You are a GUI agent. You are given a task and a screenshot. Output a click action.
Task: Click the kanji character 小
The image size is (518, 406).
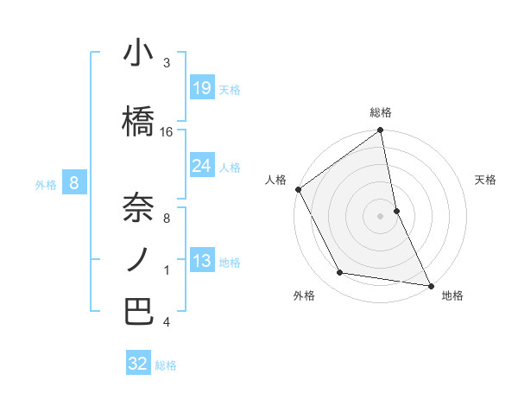pos(138,54)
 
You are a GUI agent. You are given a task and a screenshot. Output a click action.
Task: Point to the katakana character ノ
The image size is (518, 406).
pos(138,260)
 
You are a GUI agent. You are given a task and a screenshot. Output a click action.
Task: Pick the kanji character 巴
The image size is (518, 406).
pos(138,312)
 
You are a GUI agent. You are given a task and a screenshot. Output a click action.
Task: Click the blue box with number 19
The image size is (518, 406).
pos(201,88)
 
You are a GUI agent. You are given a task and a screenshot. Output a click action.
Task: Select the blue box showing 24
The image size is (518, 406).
pos(201,166)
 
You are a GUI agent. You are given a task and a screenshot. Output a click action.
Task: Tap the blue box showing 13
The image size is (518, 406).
pos(201,261)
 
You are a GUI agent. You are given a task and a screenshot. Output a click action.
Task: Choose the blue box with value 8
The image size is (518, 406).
pos(75,183)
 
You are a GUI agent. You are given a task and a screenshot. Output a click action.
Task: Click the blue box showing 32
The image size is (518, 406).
pos(138,364)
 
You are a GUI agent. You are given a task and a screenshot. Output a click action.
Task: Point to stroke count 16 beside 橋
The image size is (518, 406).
pos(167,132)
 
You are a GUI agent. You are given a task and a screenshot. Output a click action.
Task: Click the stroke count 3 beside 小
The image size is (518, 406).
pos(167,63)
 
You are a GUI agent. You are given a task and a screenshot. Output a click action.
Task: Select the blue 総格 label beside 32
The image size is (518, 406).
pos(166,365)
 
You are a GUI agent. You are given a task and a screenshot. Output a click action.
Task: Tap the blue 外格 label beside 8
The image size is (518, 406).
pos(46,184)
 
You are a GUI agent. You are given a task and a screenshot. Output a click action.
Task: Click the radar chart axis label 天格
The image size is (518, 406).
pos(486,180)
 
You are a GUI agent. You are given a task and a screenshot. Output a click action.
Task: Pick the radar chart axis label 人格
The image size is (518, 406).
pos(275,180)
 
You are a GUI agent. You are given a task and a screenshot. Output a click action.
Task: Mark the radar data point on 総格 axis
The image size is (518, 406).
pos(381,130)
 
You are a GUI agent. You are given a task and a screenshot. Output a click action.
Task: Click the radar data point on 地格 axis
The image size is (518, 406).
pos(431,284)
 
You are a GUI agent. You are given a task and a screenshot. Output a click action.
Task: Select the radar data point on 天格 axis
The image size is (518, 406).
pos(396,210)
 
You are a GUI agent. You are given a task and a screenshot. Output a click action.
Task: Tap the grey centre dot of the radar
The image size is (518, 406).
pos(381,215)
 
